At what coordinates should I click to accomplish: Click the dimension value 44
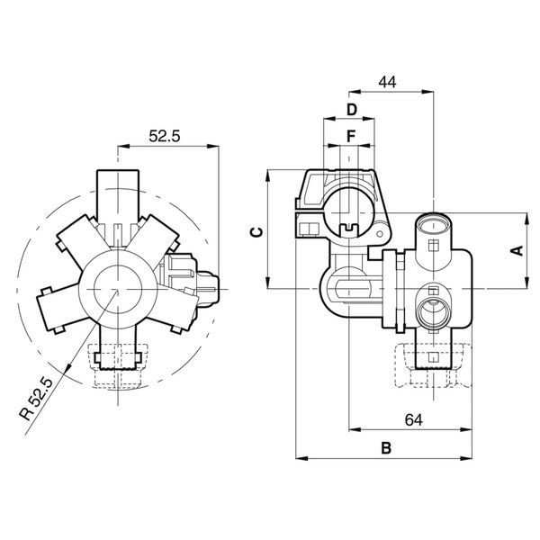[387, 82]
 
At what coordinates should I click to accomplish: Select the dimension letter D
[351, 110]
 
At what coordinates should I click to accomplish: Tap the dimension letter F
[351, 137]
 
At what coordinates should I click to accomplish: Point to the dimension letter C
[256, 232]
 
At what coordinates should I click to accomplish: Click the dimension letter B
[386, 448]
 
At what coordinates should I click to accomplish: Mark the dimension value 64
[414, 419]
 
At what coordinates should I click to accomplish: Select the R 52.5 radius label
[36, 400]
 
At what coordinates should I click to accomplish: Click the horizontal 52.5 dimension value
[165, 136]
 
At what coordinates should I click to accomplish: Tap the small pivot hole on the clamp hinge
[380, 234]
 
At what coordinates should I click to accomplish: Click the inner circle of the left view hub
[118, 289]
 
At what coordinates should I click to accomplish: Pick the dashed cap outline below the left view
[118, 366]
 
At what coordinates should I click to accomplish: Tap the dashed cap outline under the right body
[433, 365]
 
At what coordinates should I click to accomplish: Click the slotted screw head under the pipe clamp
[349, 228]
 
